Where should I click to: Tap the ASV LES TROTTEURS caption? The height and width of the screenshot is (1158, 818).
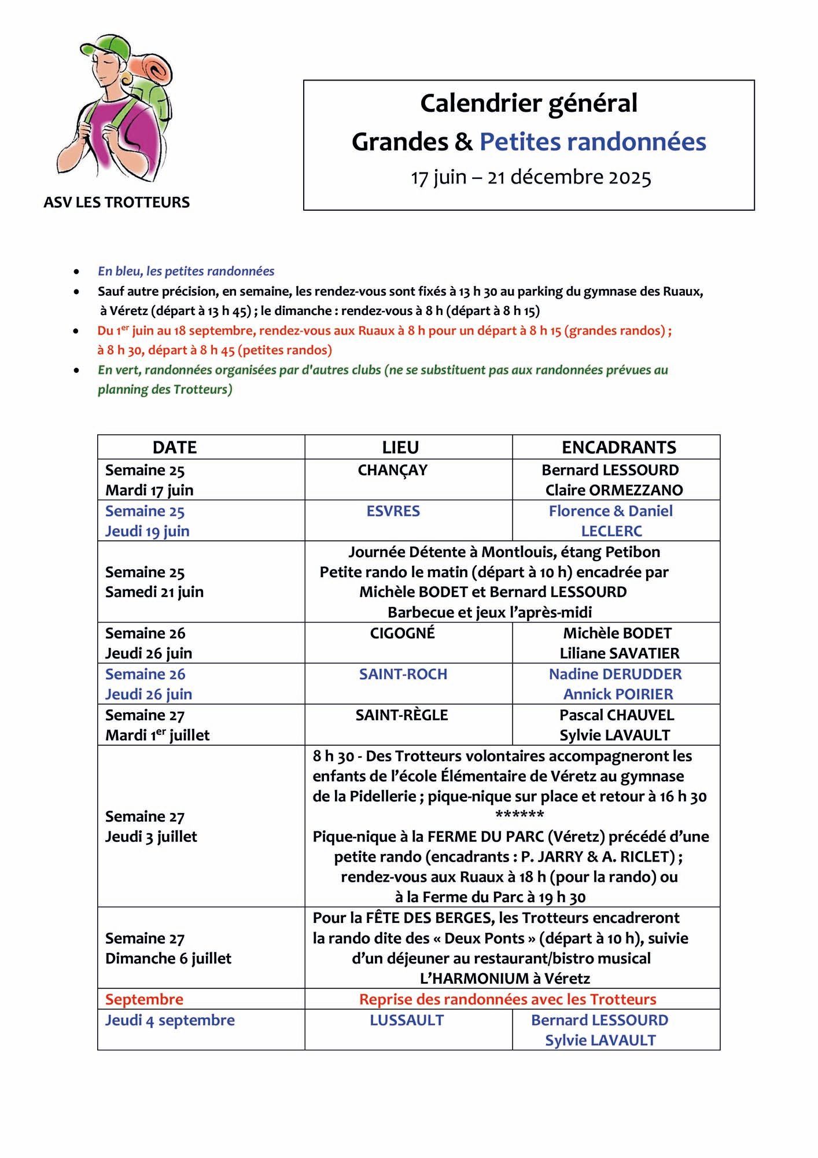pos(116,202)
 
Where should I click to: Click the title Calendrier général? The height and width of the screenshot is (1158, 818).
pos(528,104)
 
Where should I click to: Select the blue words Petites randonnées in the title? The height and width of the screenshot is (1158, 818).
pos(592,142)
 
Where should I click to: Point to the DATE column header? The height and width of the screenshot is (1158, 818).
pos(175,447)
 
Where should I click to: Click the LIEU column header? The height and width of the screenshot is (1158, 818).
pos(400,447)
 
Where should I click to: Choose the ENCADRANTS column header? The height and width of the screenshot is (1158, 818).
pos(618,447)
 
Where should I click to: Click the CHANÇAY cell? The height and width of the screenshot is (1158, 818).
pos(392,470)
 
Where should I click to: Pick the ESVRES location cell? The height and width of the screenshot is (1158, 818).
pos(393,511)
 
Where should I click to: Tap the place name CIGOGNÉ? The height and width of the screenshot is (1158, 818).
pos(402,633)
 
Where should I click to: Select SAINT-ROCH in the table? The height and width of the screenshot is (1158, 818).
pos(403,674)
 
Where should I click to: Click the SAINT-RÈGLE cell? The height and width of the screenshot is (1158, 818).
pos(401,715)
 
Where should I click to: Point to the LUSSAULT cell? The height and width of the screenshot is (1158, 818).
pos(407,1036)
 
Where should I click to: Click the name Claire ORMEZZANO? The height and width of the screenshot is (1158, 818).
pos(614,490)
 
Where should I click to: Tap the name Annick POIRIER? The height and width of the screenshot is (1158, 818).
pos(618,694)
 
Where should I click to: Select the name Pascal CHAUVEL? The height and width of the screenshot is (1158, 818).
pos(617,715)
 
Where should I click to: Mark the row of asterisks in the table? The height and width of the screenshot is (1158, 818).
pos(519,816)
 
